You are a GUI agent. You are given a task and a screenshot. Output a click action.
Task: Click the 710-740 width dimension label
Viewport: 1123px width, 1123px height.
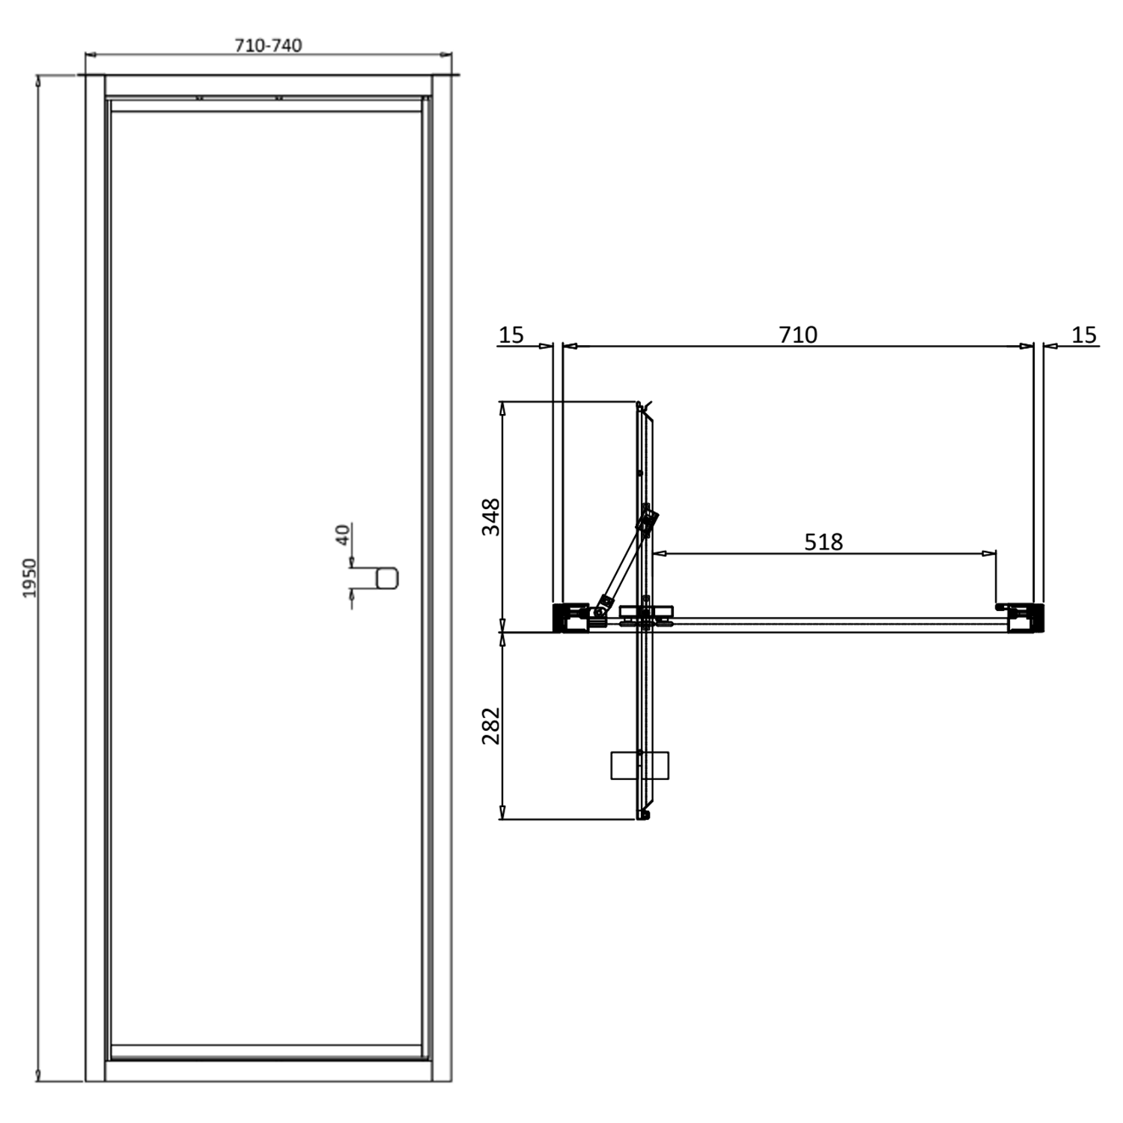268,46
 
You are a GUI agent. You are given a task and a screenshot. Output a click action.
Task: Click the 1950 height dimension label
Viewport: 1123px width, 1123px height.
29,577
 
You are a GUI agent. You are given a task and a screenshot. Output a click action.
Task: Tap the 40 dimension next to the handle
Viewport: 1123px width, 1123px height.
343,535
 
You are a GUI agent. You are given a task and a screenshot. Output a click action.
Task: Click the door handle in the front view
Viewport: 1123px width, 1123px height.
386,578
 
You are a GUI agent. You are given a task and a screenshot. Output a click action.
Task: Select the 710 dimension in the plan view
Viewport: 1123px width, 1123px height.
798,335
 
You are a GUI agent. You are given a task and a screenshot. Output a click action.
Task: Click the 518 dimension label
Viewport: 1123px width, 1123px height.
823,541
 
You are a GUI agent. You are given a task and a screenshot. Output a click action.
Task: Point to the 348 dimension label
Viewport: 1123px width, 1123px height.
491,517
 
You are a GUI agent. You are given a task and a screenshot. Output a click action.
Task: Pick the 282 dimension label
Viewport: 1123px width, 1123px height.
491,725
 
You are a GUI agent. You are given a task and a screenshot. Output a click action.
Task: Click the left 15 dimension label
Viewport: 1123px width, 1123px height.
511,335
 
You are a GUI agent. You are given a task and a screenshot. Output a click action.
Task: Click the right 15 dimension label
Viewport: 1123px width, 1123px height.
1083,335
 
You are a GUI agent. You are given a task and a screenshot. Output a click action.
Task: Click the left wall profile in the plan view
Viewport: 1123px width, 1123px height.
570,618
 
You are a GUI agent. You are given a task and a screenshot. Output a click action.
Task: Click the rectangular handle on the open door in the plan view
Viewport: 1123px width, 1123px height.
639,765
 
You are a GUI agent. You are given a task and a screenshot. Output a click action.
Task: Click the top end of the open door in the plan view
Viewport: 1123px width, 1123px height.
641,408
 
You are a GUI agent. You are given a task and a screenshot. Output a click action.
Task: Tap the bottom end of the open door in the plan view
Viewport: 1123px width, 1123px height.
643,814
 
